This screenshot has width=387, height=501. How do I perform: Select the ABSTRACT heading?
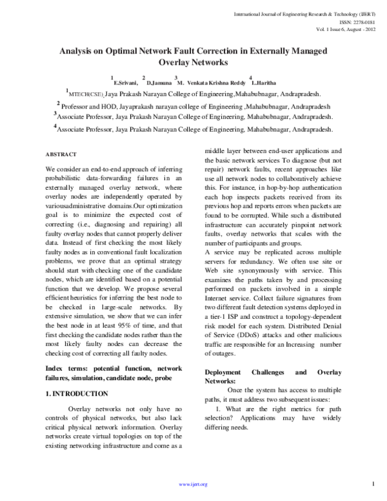61,155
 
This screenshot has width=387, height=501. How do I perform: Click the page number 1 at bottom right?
373,484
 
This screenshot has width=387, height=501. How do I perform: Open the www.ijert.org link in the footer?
193,484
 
